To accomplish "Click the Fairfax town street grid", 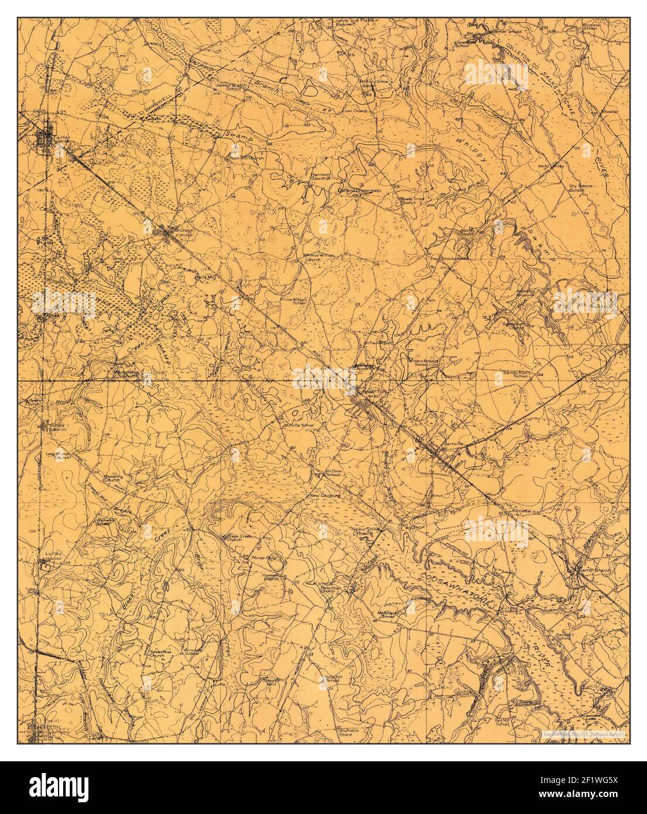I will [46, 139].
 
